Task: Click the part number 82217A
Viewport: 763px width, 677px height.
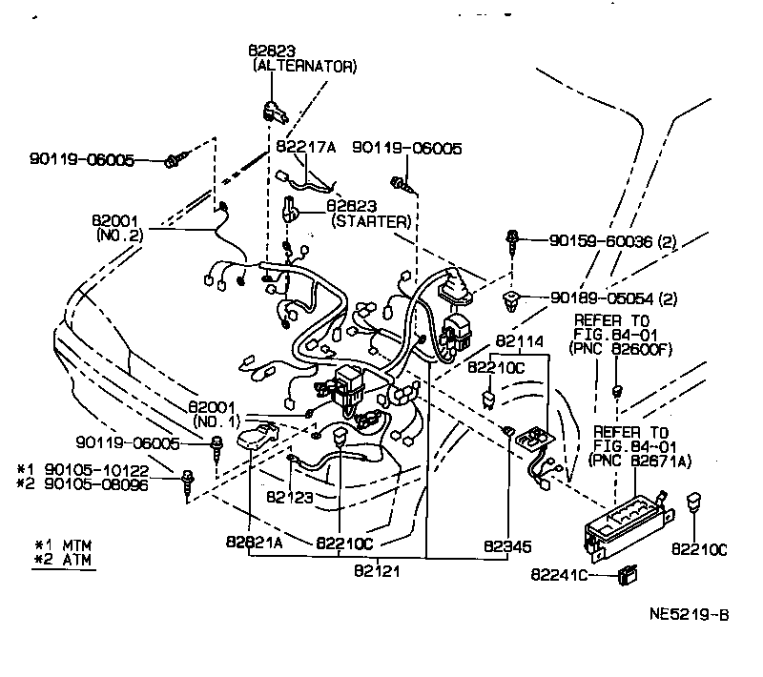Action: [307, 148]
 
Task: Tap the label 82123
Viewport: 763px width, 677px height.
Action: [289, 497]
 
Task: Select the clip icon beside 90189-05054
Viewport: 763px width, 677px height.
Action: [513, 300]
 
